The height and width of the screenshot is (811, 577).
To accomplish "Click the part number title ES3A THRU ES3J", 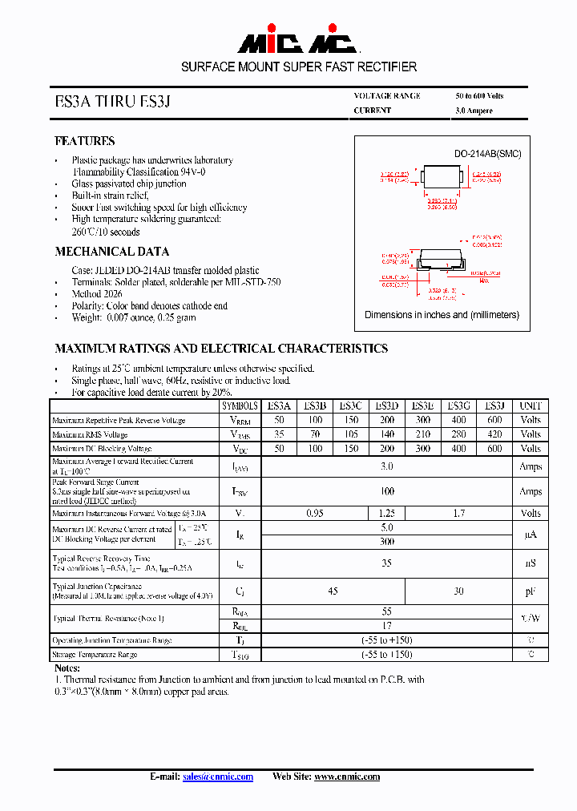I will [112, 102].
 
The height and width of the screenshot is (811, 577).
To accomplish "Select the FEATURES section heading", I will [84, 141].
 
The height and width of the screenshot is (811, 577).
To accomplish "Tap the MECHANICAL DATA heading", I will [111, 252].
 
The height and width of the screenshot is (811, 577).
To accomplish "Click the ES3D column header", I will [387, 405].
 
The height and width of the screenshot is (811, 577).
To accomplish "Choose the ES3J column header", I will [494, 405].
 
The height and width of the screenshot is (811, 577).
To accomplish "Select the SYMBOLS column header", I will [240, 405].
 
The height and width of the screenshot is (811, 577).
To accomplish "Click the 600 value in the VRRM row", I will [494, 420].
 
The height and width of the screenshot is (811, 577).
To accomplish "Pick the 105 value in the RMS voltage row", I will [351, 434].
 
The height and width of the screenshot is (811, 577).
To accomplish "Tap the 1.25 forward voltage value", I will [387, 513].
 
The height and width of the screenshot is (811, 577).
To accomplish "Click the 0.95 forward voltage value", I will [315, 513].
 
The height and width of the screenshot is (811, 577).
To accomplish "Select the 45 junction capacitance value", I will [333, 591].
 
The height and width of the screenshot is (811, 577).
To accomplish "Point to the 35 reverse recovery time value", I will [387, 563].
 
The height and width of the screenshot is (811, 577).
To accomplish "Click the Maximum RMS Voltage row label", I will [90, 435].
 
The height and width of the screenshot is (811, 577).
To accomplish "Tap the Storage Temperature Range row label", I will [95, 655].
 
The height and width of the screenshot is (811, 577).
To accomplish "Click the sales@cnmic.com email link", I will [217, 777].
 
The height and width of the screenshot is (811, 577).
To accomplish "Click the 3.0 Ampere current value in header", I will [474, 111].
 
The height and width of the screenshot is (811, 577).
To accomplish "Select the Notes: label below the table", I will [67, 668].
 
